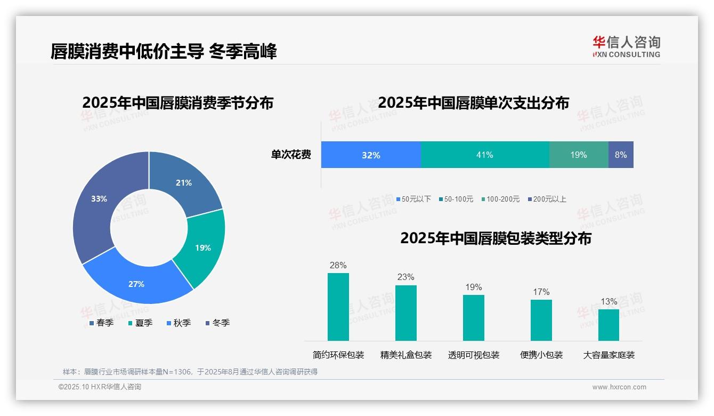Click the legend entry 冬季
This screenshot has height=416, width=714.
pos(217,323)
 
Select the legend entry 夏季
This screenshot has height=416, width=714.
pos(140,323)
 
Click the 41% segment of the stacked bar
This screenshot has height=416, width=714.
pos(484,155)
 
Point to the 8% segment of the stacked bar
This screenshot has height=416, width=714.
pos(621,155)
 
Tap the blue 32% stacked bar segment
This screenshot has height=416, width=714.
pos(371,155)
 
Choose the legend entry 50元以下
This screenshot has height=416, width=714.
pos(413,199)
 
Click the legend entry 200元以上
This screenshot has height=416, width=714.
pos(547,199)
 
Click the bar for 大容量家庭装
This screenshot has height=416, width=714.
pos(608,325)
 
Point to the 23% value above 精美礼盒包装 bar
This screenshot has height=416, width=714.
pos(405,277)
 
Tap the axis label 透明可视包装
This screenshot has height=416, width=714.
pos(474,355)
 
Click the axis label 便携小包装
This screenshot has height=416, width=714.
pos(541,355)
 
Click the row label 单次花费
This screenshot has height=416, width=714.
pos(291,155)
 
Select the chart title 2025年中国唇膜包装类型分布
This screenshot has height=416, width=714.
pos(496,238)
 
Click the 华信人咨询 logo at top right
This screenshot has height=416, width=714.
pos(626,46)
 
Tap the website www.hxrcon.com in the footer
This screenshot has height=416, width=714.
pos(619,387)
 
